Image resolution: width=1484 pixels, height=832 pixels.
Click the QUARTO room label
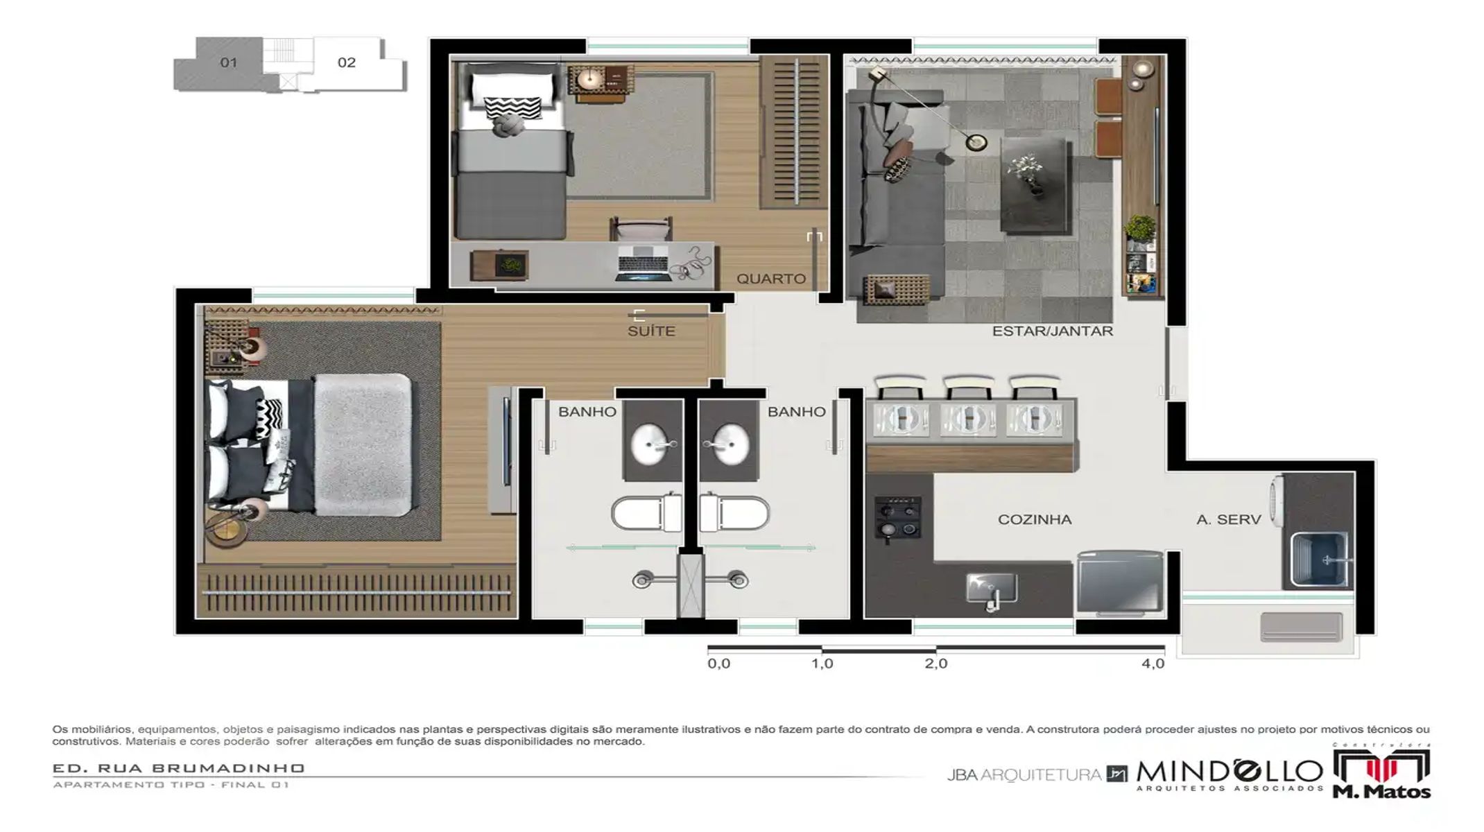coord(770,279)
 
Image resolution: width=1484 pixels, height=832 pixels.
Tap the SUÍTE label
coord(650,331)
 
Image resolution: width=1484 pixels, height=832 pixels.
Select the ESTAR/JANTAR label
coord(1052,331)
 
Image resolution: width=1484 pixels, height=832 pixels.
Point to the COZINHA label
coord(1034,519)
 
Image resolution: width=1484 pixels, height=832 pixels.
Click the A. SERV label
coord(1228,519)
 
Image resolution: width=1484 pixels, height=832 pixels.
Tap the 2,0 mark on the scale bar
coord(935,664)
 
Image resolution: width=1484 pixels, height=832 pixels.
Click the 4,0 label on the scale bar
coord(1153,664)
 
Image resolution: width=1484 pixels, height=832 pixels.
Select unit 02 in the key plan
coord(347,62)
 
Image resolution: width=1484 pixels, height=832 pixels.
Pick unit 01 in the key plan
coord(228,62)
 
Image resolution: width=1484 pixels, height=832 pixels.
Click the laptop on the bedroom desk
coord(642,263)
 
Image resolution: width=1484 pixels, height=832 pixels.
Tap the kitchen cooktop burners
coord(898,517)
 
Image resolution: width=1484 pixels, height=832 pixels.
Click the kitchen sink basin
coord(992,588)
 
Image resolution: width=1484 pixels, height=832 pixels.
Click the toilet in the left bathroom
coord(643,514)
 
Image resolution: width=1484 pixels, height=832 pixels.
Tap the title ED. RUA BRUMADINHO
coord(178,768)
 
